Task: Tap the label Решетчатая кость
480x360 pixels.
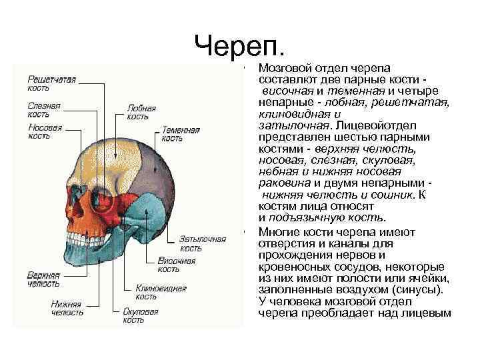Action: pos(51,83)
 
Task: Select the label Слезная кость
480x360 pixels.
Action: pos(44,109)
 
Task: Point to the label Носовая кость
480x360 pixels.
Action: pos(45,131)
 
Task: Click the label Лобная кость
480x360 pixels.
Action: pos(141,112)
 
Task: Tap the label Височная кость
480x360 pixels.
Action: pos(176,265)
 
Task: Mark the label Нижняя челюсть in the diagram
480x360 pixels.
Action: pos(67,308)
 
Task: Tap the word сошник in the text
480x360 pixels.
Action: pos(391,195)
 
